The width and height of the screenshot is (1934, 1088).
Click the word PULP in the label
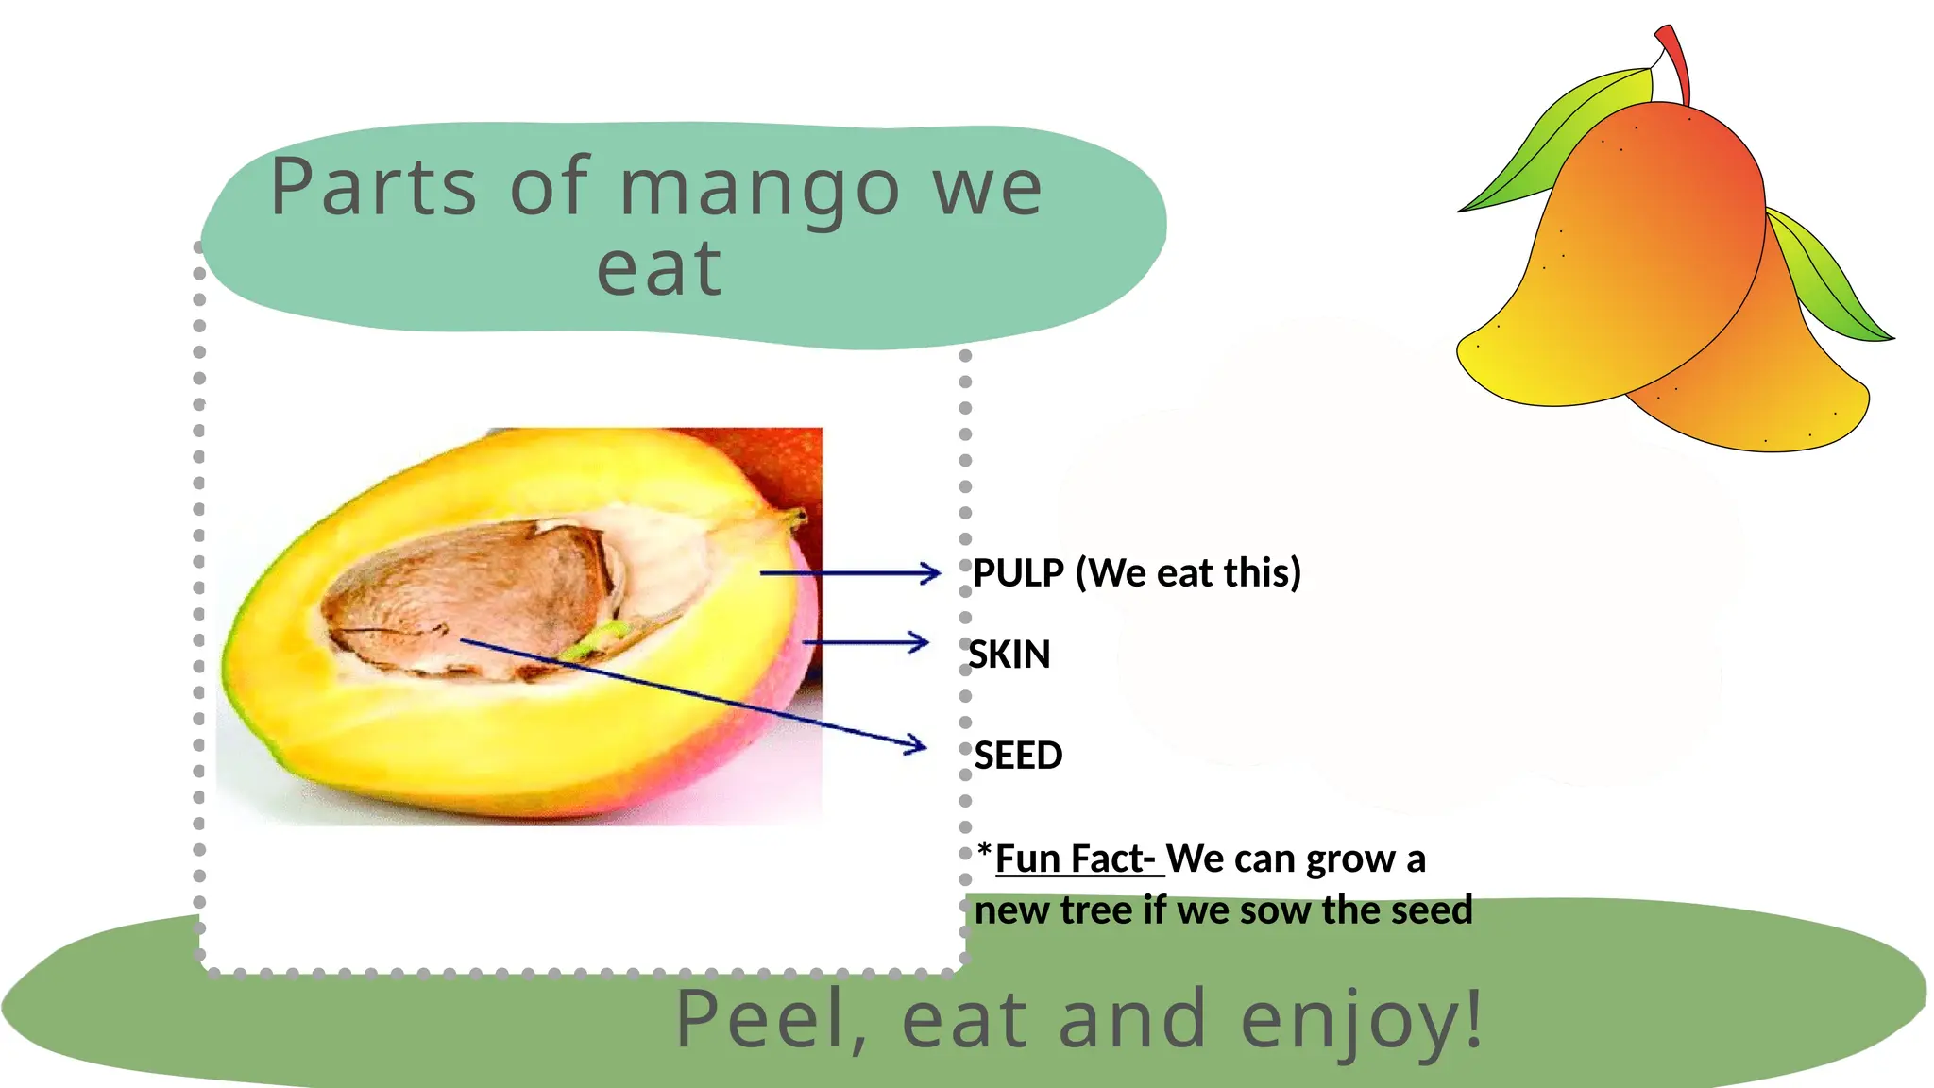1018,573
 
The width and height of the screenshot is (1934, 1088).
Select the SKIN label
1009,654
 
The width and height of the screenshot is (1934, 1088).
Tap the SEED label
1018,756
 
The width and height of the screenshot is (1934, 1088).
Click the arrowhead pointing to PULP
931,572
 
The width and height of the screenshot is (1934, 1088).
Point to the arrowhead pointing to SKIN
919,643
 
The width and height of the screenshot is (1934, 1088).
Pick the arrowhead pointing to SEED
916,745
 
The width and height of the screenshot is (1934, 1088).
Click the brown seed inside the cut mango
472,595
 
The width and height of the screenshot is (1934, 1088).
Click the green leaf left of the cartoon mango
1558,142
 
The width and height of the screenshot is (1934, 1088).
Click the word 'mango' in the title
759,189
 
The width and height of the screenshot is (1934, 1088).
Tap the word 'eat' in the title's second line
659,269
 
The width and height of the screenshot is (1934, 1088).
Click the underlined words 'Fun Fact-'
1075,859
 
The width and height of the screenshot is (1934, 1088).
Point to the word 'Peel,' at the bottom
770,1020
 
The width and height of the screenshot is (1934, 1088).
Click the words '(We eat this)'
1188,573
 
